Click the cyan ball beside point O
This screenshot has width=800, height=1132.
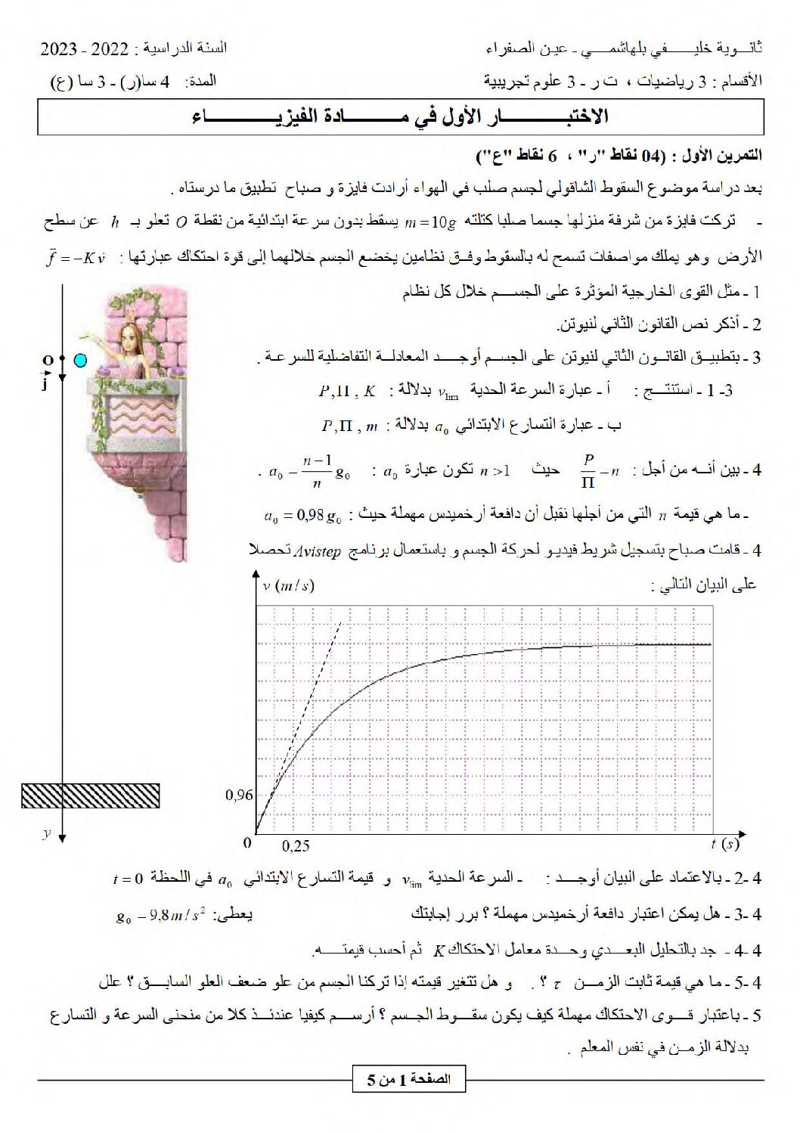point(80,361)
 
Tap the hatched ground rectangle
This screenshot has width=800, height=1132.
point(90,796)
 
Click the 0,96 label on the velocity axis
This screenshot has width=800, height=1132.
point(239,795)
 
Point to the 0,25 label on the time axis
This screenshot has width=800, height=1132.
point(296,846)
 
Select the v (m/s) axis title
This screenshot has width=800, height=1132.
point(288,585)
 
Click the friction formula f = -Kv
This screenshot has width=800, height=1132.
point(76,257)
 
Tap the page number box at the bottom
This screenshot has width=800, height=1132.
point(409,1079)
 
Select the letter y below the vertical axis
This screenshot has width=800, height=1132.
point(47,833)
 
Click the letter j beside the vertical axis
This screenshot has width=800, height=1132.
point(45,384)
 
